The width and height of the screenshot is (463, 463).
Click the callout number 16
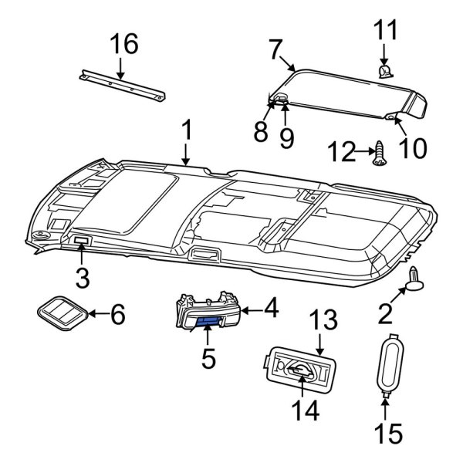coord(123,46)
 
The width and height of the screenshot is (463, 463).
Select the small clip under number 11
coord(384,72)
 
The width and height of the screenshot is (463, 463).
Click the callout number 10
coord(412,147)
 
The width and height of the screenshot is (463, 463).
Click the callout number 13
coord(325,319)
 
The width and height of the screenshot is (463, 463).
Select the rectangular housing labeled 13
coord(298,373)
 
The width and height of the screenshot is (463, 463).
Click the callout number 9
coord(286,138)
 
